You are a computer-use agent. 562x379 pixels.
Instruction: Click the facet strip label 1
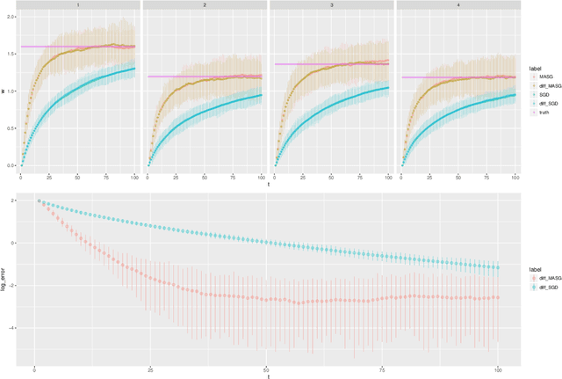[79, 5]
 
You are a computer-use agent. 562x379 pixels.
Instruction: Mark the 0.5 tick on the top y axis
[11, 128]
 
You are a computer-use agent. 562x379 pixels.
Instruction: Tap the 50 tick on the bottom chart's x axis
[265, 369]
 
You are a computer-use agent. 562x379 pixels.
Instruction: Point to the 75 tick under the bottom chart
[381, 369]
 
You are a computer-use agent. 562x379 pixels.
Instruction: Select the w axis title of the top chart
[4, 90]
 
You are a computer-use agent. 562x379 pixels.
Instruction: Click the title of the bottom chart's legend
[528, 265]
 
